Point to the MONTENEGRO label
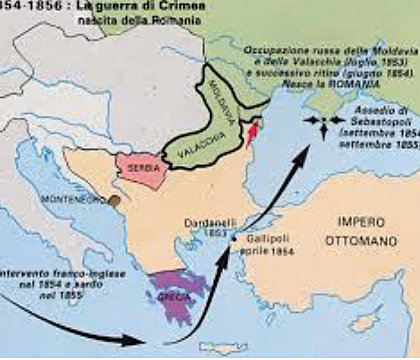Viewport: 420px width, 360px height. tap(73, 201)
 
